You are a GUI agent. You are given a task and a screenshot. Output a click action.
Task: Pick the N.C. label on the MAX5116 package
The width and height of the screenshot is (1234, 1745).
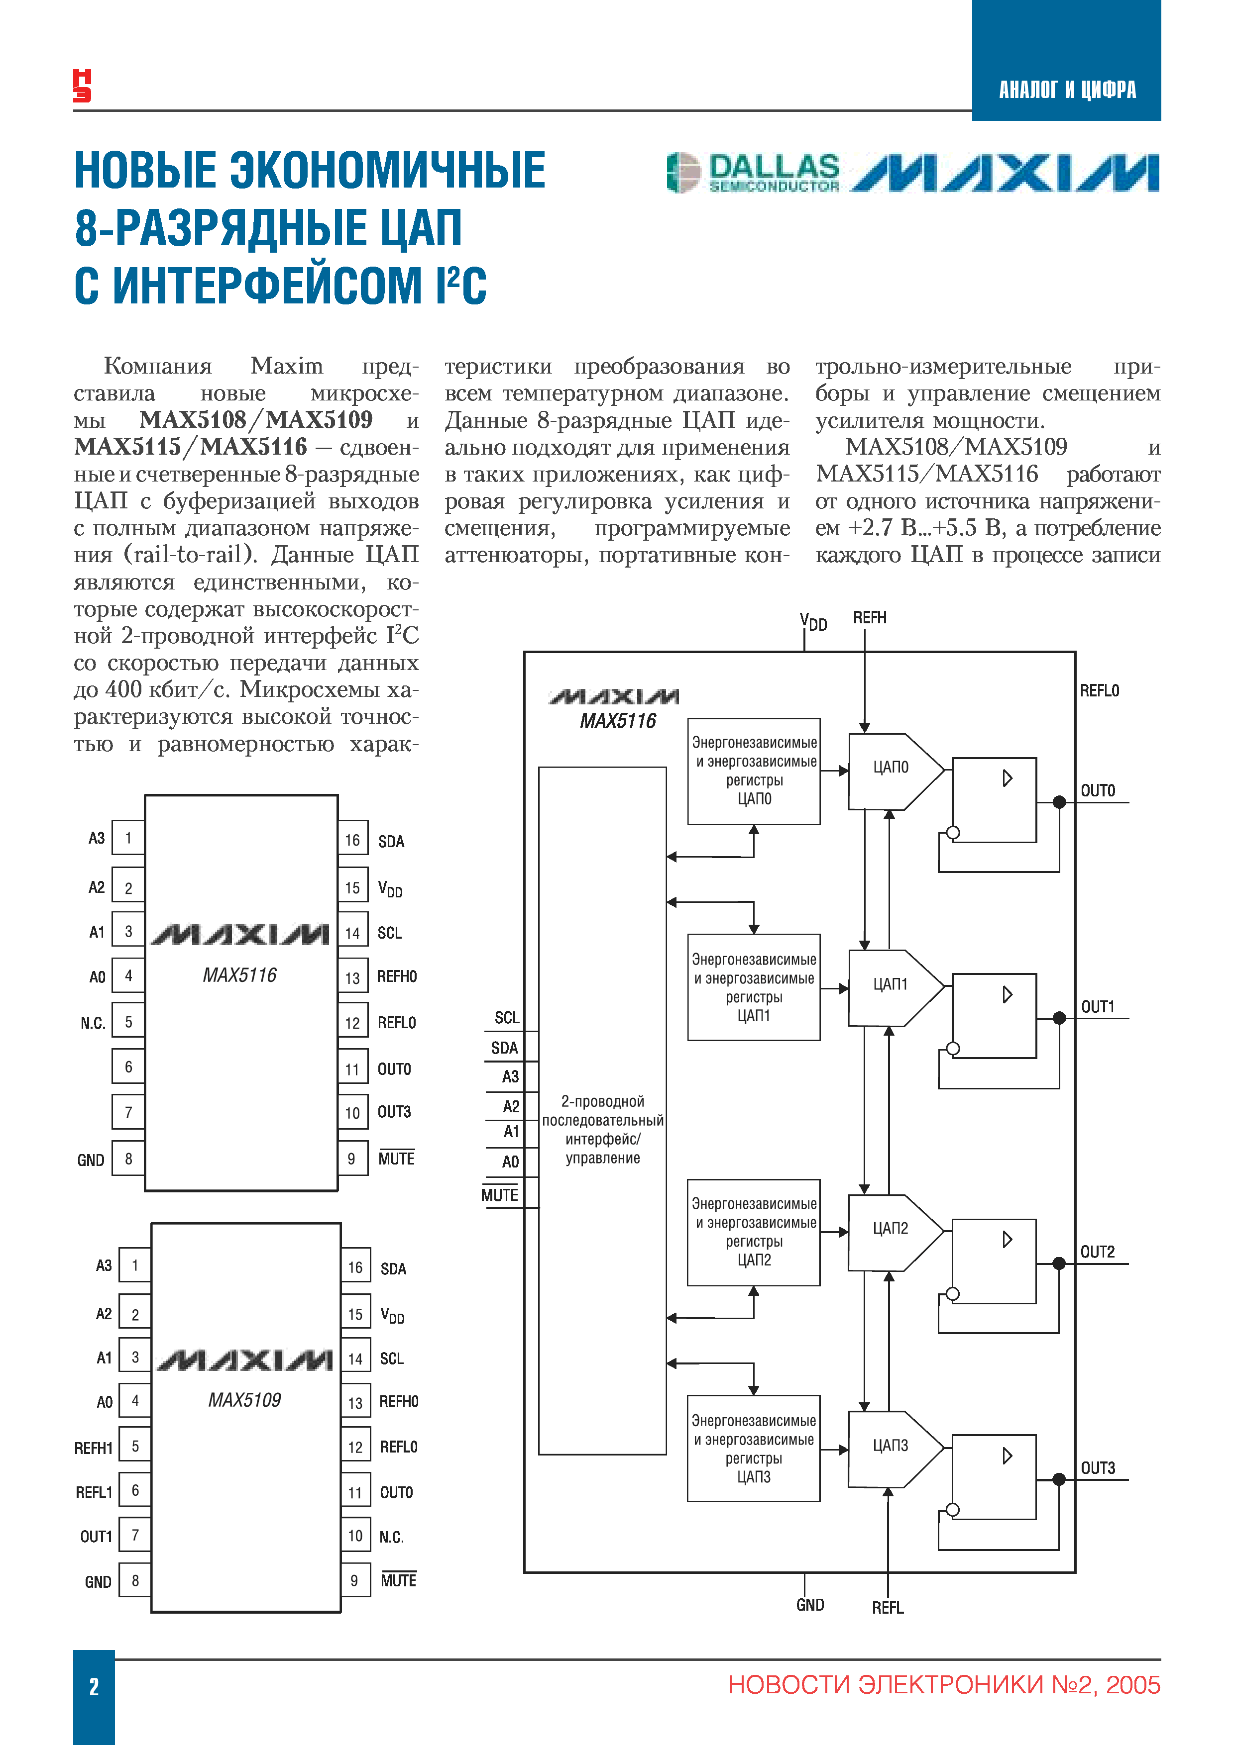[x=93, y=1023]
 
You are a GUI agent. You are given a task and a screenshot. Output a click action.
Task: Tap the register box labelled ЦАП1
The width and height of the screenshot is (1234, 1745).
[x=754, y=987]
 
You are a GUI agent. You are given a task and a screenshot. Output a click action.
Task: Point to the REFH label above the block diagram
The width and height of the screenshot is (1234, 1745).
[x=869, y=618]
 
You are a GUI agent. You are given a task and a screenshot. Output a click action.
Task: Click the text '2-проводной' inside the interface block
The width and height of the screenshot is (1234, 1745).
[x=602, y=1101]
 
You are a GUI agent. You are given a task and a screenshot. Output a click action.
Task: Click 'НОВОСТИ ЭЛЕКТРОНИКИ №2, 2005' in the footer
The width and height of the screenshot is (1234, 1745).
[x=944, y=1685]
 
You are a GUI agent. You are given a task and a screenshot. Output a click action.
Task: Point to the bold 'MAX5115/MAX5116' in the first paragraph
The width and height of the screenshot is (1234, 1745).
[x=191, y=447]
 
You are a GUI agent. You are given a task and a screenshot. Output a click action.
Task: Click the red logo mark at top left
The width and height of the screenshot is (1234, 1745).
[x=82, y=85]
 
